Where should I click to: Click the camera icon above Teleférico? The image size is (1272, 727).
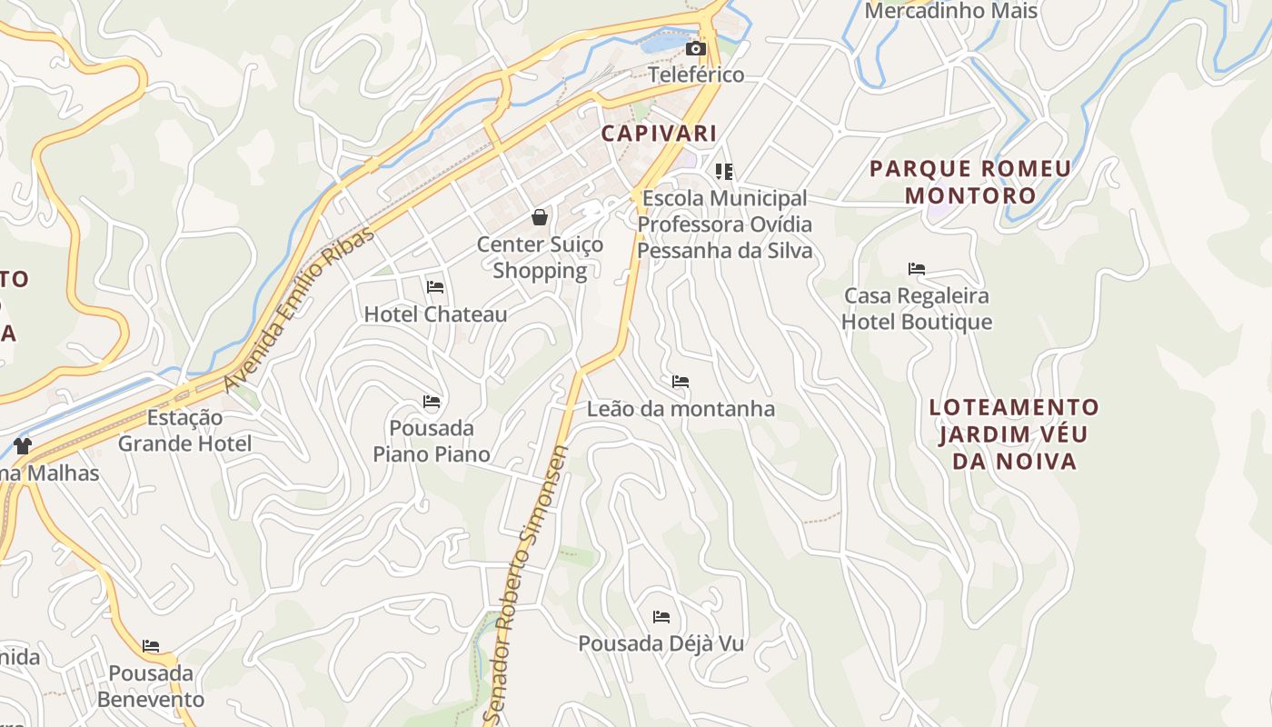click(x=695, y=48)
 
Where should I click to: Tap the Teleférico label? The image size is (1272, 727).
click(x=697, y=75)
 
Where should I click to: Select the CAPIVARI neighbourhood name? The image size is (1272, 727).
click(x=660, y=134)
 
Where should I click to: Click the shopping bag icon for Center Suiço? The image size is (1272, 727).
click(x=540, y=217)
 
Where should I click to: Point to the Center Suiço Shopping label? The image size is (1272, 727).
click(x=540, y=257)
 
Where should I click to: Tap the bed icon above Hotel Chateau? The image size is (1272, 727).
click(x=435, y=287)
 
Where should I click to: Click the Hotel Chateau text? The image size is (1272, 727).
click(x=435, y=314)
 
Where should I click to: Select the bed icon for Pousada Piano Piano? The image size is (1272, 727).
click(x=432, y=401)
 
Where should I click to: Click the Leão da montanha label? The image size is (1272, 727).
click(x=681, y=409)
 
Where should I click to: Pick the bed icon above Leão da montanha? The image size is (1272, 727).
click(x=681, y=381)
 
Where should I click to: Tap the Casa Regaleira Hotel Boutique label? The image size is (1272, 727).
click(x=917, y=309)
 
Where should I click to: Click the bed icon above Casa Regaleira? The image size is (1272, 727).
click(x=917, y=269)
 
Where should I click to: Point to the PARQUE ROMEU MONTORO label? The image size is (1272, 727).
click(x=970, y=182)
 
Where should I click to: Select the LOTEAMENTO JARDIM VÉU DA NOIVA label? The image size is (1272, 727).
click(x=1014, y=433)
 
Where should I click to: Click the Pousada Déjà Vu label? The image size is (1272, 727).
click(x=661, y=643)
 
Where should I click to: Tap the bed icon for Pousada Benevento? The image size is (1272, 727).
click(x=151, y=646)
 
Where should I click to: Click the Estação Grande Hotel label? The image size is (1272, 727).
click(x=185, y=431)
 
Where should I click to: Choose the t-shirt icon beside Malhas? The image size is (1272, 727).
click(x=23, y=445)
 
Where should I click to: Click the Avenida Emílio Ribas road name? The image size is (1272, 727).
click(x=299, y=310)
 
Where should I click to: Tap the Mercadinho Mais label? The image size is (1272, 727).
click(x=950, y=11)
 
